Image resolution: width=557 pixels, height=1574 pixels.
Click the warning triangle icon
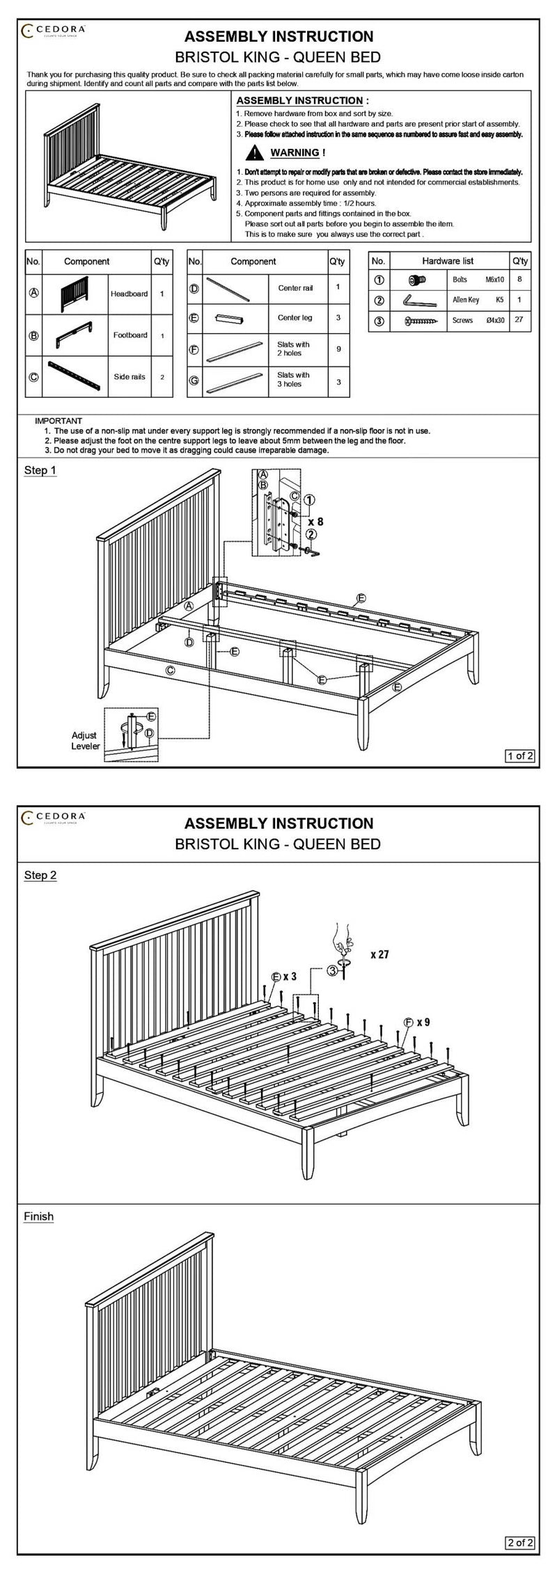pyautogui.click(x=253, y=153)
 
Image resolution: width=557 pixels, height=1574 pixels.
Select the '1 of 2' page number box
pyautogui.click(x=519, y=755)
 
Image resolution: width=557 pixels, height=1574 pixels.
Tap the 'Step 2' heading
pyautogui.click(x=40, y=875)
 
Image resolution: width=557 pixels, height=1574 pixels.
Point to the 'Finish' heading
pyautogui.click(x=39, y=1216)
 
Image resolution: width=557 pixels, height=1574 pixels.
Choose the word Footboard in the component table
pyautogui.click(x=130, y=335)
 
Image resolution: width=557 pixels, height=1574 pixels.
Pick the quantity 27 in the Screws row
pyautogui.click(x=519, y=321)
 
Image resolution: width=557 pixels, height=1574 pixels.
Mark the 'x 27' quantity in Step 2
pyautogui.click(x=379, y=955)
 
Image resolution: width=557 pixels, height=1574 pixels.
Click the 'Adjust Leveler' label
pyautogui.click(x=85, y=741)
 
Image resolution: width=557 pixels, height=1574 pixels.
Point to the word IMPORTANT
pyautogui.click(x=58, y=421)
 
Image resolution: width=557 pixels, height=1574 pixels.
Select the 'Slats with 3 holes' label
pyautogui.click(x=293, y=379)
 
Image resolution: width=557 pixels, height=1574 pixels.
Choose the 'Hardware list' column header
pyautogui.click(x=448, y=261)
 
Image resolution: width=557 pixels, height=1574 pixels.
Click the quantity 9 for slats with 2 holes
pyautogui.click(x=338, y=348)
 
